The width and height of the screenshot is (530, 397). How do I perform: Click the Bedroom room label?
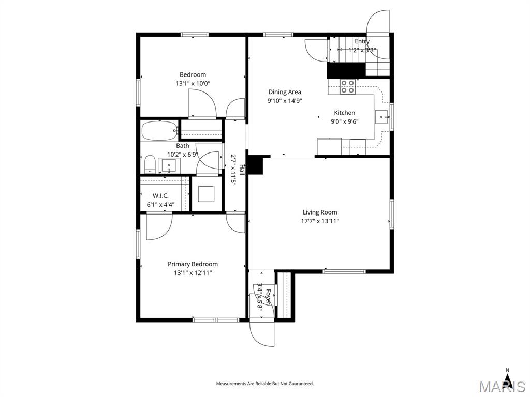[x=193, y=74]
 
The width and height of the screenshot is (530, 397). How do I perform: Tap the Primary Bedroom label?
[x=193, y=264]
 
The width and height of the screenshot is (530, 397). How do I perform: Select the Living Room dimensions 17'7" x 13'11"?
[x=320, y=221]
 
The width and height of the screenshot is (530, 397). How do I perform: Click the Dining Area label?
[x=284, y=92]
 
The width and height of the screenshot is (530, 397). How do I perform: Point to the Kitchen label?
[x=344, y=113]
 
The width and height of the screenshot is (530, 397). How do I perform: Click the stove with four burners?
[x=347, y=86]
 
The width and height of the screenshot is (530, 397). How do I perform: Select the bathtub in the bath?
[x=159, y=131]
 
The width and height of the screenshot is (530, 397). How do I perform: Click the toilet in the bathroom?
[x=150, y=164]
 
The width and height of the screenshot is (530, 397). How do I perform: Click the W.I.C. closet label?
[x=160, y=196]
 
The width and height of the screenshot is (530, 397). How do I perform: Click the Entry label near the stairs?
[x=362, y=41]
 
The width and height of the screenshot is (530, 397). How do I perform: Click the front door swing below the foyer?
[x=262, y=333]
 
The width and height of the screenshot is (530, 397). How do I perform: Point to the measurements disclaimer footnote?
[x=264, y=384]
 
